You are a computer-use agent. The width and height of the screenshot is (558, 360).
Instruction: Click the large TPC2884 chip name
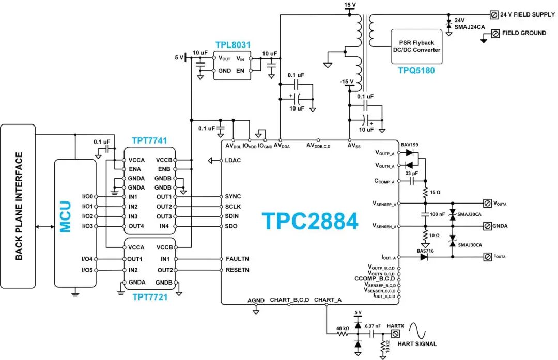(310, 221)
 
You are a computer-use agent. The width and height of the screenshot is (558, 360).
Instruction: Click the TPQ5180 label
(416, 70)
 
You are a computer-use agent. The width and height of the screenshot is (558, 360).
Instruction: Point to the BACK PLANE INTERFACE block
(19, 206)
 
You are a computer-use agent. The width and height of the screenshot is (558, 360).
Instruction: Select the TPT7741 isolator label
(149, 140)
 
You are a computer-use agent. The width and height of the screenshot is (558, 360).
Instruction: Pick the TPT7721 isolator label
(149, 298)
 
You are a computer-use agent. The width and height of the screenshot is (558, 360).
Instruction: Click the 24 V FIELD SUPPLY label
(527, 14)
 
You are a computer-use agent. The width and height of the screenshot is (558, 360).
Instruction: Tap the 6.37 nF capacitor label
(374, 326)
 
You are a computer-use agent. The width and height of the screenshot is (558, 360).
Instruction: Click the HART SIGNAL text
(417, 344)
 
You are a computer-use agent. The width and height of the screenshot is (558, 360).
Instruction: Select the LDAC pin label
(233, 160)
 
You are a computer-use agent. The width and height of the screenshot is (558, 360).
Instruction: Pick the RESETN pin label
(237, 270)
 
